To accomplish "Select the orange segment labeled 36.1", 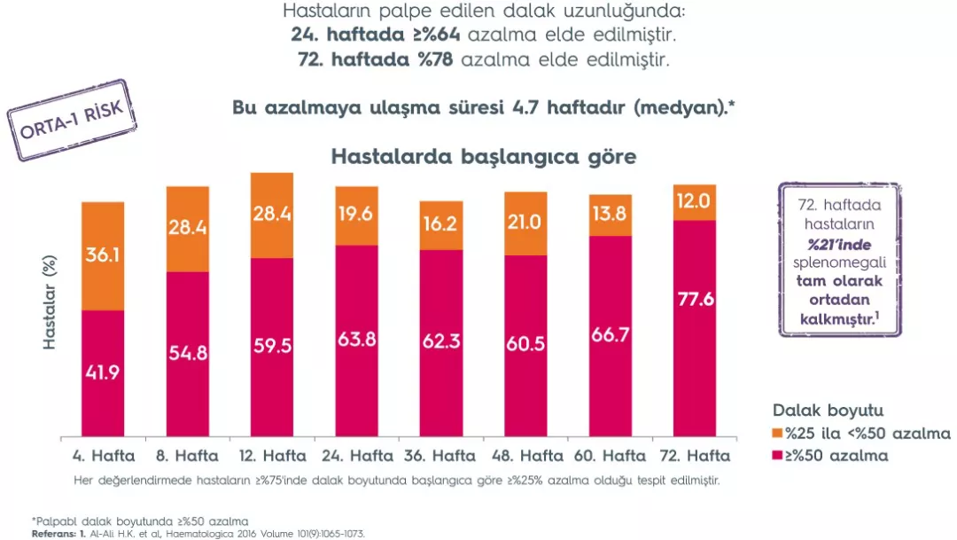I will tap(103, 255).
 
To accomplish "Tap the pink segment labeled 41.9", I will tap(103, 373).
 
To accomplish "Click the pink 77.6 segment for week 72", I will tap(695, 328).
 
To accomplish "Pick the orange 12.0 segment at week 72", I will tap(695, 202).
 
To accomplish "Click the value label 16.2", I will tap(441, 225).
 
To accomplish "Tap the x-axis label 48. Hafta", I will tap(527, 458).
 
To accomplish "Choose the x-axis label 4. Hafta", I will tap(104, 458).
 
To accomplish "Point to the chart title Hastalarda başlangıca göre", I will tap(483, 158).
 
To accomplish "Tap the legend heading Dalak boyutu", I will tap(828, 411).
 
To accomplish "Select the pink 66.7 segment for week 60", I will tap(611, 337).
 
